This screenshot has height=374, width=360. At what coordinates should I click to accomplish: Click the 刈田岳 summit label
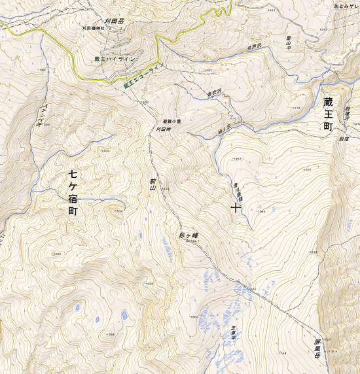pos(115,20)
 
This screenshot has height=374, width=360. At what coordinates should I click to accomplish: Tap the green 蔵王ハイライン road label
pos(115,59)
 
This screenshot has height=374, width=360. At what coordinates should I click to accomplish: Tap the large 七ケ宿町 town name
pos(73,194)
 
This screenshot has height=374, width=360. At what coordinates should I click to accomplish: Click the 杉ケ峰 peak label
pos(188,235)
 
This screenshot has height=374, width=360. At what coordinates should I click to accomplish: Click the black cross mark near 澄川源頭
pos(235,208)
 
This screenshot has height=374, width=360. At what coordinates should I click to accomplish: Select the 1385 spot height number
pos(111,335)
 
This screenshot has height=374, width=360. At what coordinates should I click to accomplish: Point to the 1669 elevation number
pos(313,252)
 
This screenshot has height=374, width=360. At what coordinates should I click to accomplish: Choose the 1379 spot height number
pos(295,109)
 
